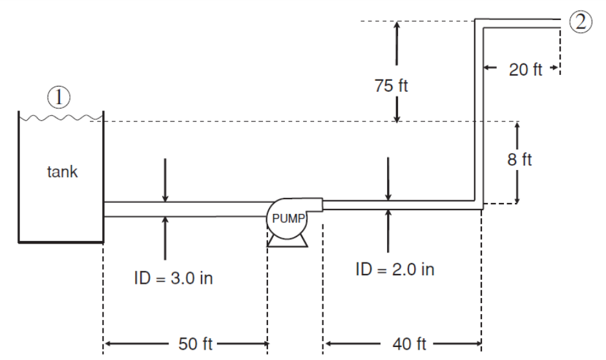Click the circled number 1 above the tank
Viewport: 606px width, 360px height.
pyautogui.click(x=59, y=98)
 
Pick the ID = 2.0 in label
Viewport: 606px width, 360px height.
pyautogui.click(x=395, y=270)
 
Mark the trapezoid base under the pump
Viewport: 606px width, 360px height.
pyautogui.click(x=287, y=240)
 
